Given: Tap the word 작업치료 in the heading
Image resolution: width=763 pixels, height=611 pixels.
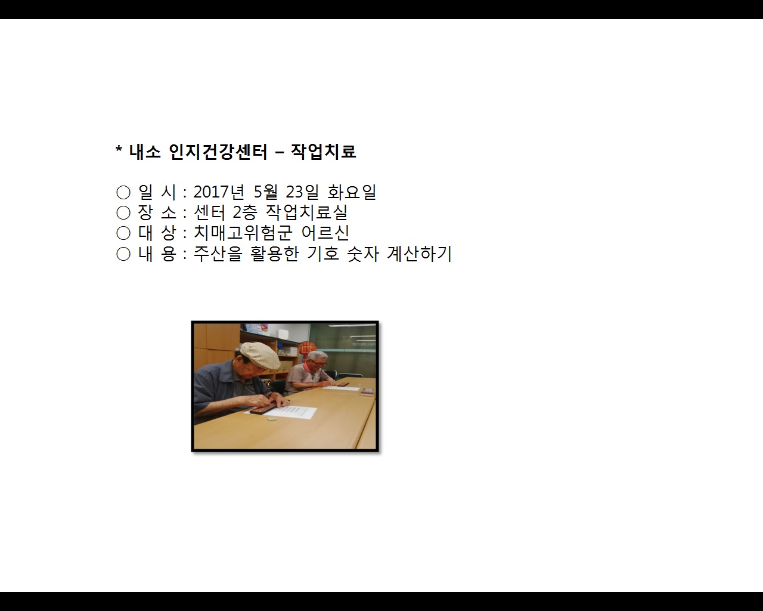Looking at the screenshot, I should click(323, 152).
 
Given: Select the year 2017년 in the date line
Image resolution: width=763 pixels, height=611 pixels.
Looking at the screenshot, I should click(219, 192).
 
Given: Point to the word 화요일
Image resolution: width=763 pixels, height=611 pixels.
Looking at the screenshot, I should click(352, 192).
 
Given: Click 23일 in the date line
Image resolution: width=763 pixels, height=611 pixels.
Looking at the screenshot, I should click(302, 192).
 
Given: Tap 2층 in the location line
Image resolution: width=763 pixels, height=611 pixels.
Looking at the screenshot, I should click(244, 212).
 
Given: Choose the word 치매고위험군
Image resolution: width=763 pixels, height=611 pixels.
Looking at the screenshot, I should click(243, 233).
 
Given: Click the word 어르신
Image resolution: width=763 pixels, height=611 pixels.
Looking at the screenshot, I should click(325, 233).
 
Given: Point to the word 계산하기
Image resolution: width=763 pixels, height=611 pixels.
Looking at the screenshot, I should click(419, 254).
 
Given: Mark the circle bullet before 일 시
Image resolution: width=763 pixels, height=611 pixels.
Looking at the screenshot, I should click(123, 193).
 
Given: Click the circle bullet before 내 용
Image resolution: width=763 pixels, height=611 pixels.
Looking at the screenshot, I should click(123, 254).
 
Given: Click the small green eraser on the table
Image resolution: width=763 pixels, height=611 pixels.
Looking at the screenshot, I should click(272, 418).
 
